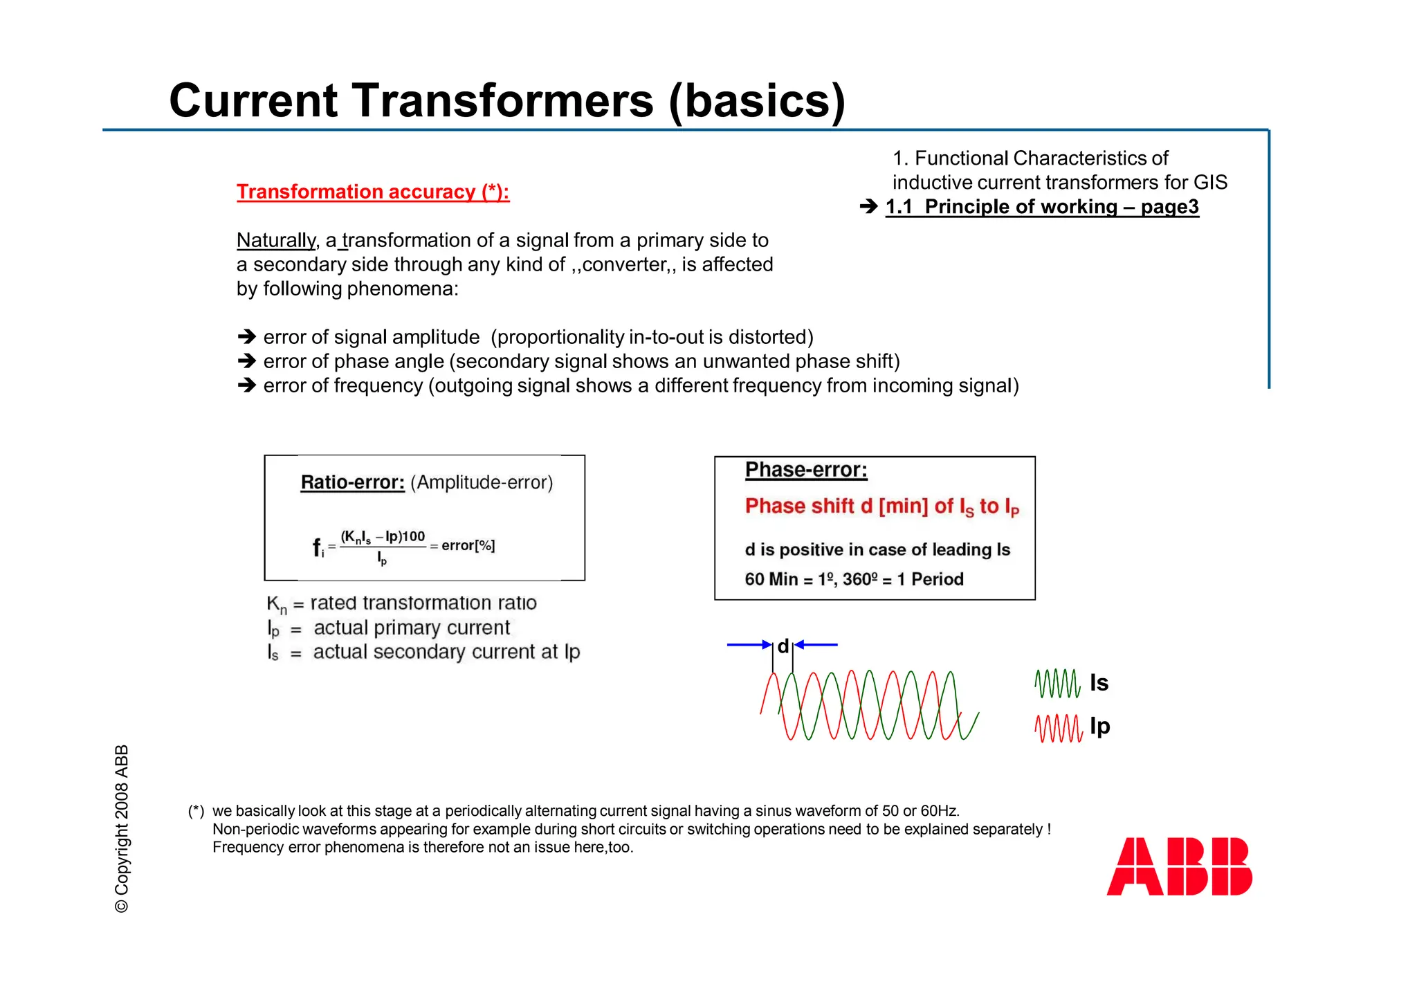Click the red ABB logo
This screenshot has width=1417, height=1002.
[1179, 866]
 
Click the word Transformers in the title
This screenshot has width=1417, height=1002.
[503, 101]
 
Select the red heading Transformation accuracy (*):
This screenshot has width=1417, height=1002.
[373, 192]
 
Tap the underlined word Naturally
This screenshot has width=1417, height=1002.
[275, 240]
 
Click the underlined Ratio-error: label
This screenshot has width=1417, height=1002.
[352, 482]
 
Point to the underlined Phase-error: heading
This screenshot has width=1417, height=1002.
[805, 470]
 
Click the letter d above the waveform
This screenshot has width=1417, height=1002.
[783, 646]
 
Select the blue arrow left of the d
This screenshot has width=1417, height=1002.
[749, 645]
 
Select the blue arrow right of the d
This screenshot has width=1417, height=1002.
[816, 645]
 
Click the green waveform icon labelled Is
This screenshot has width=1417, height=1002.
[1057, 683]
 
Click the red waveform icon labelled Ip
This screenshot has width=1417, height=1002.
[1058, 727]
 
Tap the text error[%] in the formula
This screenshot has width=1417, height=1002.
[468, 545]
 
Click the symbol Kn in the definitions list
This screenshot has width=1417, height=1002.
[276, 604]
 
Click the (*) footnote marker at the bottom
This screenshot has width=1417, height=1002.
[196, 811]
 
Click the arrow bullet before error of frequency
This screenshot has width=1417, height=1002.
[246, 385]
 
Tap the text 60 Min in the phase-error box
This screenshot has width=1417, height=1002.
[771, 579]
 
